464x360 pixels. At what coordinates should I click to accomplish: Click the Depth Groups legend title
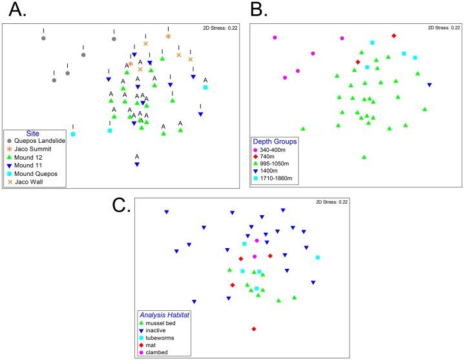pos(275,141)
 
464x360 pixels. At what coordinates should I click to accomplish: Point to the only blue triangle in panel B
pos(430,85)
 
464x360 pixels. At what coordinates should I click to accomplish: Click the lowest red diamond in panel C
pos(254,329)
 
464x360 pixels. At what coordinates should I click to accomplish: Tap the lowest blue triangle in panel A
pos(137,164)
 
